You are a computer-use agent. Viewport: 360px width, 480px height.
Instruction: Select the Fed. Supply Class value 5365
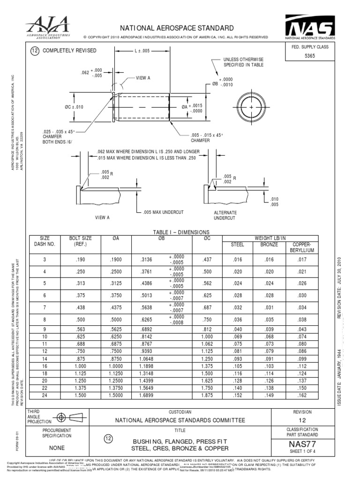310,55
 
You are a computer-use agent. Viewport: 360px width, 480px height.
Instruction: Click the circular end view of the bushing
252,107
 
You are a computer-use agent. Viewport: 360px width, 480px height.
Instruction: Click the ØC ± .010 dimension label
74,107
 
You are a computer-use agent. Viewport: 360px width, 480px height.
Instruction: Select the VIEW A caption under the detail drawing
102,217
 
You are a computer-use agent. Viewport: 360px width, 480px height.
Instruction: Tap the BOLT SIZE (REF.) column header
81,241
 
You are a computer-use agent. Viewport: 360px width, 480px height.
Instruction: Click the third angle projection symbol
67,417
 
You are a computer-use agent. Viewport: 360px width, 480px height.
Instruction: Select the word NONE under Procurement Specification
57,448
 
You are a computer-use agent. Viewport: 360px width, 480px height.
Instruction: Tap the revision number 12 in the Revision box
302,421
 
